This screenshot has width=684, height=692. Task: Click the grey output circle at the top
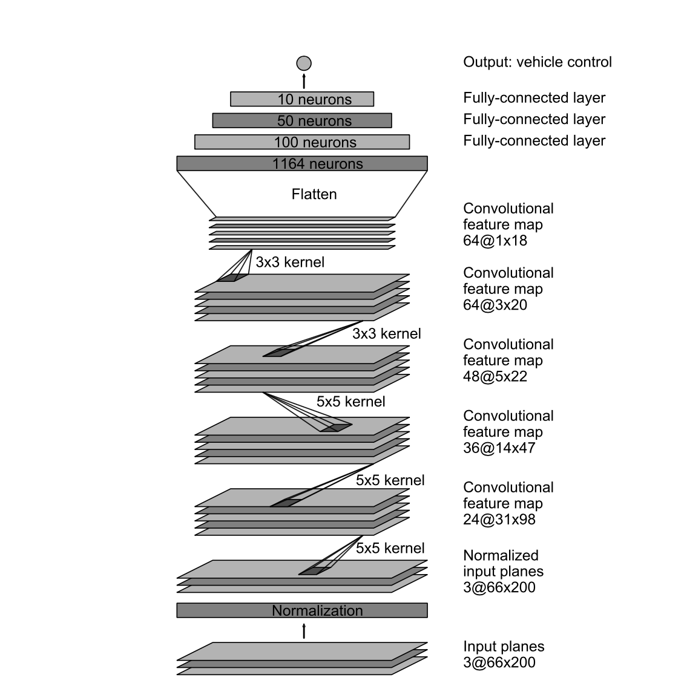point(304,63)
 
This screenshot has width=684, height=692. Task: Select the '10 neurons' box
point(302,99)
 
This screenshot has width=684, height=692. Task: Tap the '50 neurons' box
point(302,120)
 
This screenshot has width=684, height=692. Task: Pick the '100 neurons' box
point(302,142)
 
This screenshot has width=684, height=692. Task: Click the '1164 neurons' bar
point(302,163)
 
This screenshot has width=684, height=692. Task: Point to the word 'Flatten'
point(314,194)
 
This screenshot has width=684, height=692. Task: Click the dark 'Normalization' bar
point(302,610)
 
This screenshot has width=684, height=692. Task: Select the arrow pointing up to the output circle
point(304,80)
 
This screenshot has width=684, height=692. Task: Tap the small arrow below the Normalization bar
point(304,631)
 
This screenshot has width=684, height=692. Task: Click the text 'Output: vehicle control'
point(538,62)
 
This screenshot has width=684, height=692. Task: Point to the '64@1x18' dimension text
point(495,241)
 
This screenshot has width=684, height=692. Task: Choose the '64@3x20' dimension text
point(495,305)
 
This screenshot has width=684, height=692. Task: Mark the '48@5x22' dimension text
point(495,376)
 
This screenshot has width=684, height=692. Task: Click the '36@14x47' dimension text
point(499,448)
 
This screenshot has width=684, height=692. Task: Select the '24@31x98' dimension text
point(499,520)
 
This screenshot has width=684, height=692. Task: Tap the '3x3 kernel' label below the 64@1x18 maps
point(290,263)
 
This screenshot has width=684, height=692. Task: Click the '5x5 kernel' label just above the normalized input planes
point(390,548)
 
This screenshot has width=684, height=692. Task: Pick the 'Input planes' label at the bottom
point(504,647)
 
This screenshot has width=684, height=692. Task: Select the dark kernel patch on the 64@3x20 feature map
point(232,278)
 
